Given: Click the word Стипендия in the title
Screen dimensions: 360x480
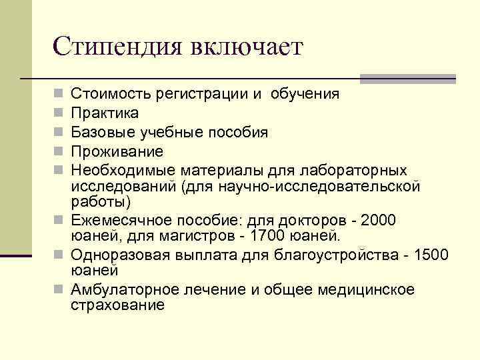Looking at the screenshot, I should tap(117, 47).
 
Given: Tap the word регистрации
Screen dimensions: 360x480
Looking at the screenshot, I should tap(195, 94).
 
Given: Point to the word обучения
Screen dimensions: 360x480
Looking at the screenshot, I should tap(305, 94).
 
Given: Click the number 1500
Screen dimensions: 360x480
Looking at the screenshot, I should tap(431, 255).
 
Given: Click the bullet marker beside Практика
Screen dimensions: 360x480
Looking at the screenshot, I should tap(61, 113).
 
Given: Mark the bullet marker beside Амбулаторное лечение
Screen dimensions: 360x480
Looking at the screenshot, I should tap(61, 289).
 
